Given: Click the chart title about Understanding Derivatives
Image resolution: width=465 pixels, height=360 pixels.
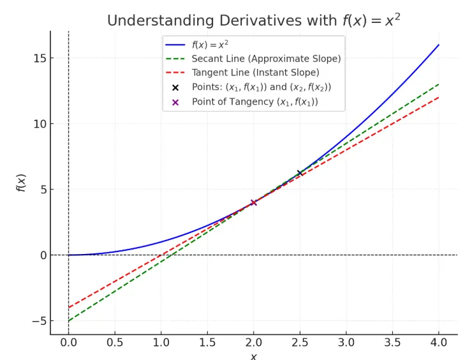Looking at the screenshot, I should click(254, 20).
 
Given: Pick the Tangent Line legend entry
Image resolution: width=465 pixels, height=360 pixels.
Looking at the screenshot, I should click(255, 73).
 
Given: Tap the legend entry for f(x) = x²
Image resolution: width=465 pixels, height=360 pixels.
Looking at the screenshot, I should click(210, 45).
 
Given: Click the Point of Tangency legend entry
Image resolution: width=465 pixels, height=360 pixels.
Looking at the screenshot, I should click(255, 101).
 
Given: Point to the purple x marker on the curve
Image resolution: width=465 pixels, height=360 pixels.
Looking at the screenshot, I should click(254, 202).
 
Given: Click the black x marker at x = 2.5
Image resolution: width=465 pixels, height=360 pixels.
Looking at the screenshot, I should click(300, 173).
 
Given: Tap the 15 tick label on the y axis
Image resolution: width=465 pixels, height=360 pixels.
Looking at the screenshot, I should click(40, 58).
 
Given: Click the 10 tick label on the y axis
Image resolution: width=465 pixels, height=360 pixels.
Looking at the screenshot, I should click(40, 124).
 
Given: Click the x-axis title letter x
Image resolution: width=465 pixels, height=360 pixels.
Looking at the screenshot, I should click(253, 356).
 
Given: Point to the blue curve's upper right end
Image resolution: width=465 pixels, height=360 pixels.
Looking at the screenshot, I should click(439, 45).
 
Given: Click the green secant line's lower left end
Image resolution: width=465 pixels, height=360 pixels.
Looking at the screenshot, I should click(69, 320).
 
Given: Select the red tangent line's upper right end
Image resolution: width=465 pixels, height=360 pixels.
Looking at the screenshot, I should click(439, 98).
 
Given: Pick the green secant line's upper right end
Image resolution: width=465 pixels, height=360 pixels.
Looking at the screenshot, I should click(439, 84).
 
